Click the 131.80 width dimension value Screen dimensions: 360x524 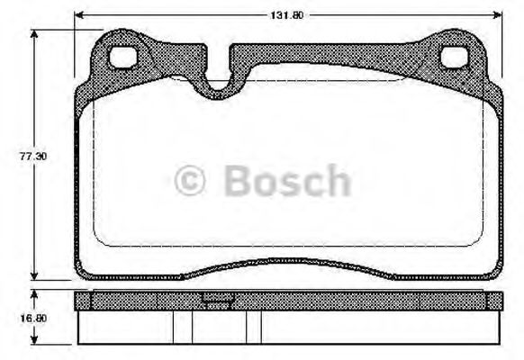(x=288, y=13)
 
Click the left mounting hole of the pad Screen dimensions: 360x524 (x=122, y=57)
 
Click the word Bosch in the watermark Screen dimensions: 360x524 (x=286, y=181)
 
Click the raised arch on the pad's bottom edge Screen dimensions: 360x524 (x=288, y=263)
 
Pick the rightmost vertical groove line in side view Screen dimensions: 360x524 (x=262, y=326)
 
